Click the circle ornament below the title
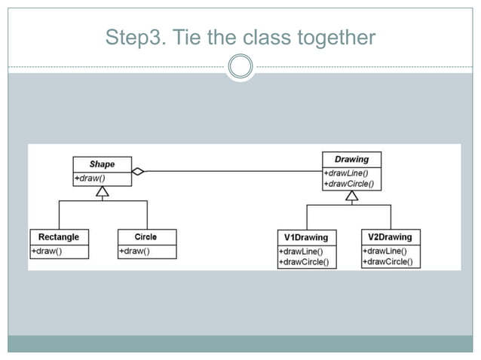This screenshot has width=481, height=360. tap(240, 66)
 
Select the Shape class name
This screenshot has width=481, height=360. tap(102, 164)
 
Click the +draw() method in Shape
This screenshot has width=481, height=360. tap(90, 178)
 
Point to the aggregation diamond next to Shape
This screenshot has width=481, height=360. tap(137, 171)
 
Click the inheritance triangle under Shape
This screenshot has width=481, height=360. tap(103, 192)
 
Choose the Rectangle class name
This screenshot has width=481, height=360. tap(59, 236)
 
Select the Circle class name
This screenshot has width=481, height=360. tap(146, 236)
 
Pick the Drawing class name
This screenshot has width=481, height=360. tap(351, 159)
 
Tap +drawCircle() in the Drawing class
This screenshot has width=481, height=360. tap(349, 183)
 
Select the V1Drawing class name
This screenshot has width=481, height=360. tap(307, 237)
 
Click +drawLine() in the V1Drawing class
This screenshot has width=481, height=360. tap(301, 252)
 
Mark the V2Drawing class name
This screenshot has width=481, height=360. tap(391, 236)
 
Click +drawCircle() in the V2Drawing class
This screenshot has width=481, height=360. tap(388, 261)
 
